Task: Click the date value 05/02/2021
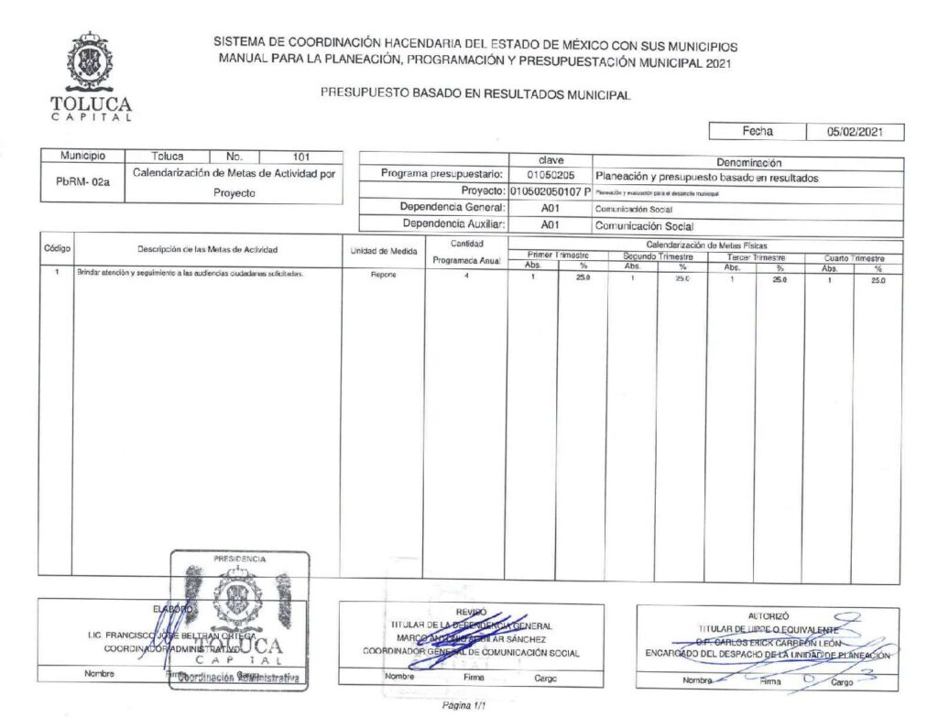click(x=854, y=132)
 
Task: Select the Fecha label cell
click(x=757, y=132)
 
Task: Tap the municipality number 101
click(x=300, y=157)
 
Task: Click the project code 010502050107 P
click(x=550, y=192)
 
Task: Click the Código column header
click(x=58, y=249)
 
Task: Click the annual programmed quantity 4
click(x=465, y=275)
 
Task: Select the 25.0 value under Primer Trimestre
click(x=581, y=276)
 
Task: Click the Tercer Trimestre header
click(x=755, y=258)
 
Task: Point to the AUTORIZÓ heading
click(x=768, y=616)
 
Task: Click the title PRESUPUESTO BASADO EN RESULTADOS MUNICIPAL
click(x=475, y=93)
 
